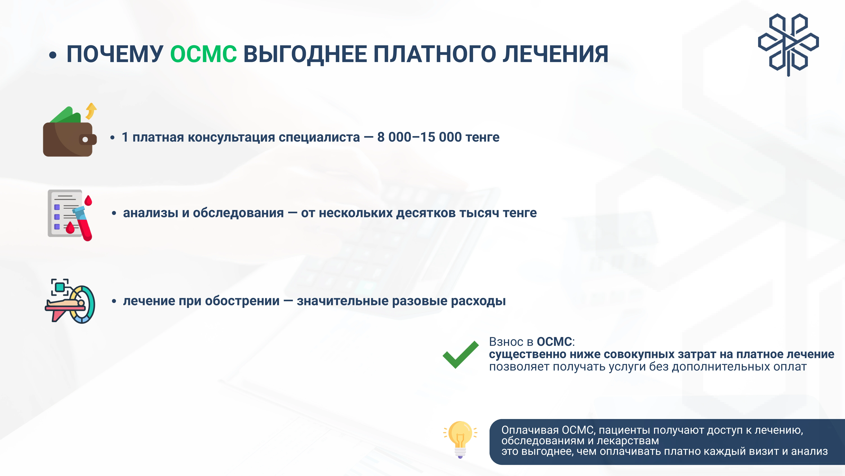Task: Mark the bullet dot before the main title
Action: coord(53,55)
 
